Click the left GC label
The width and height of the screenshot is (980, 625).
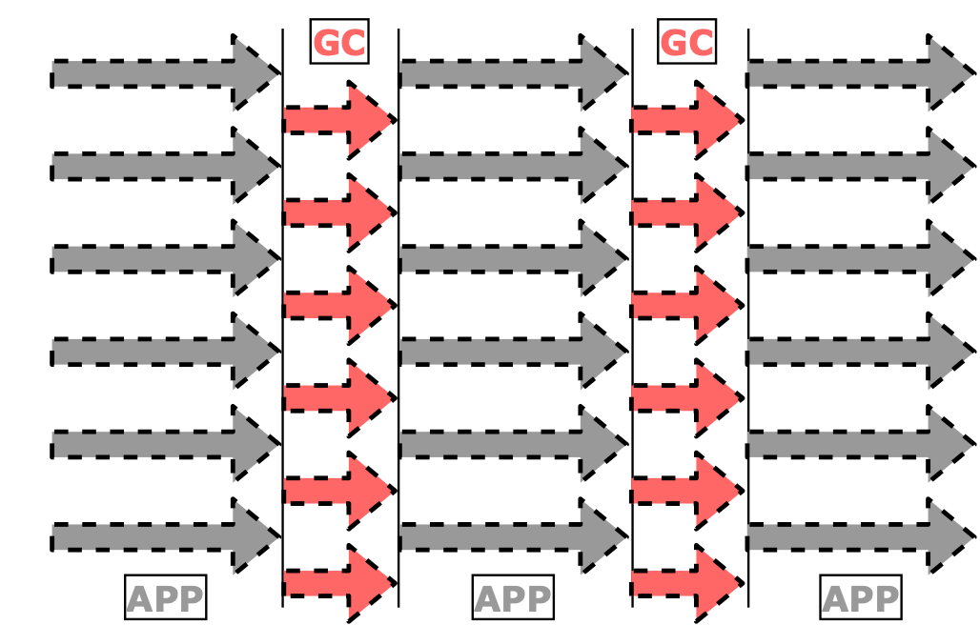339,43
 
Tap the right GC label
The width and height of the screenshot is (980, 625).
686,43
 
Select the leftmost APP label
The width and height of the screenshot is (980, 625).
165,599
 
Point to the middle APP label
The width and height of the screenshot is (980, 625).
513,599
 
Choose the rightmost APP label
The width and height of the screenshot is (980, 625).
861,599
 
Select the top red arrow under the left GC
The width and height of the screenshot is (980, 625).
338,120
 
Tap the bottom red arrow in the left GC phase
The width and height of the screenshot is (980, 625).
338,582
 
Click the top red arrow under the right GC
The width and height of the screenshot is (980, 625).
686,120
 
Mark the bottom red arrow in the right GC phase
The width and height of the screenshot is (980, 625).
686,582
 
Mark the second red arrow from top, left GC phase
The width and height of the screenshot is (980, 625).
338,212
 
